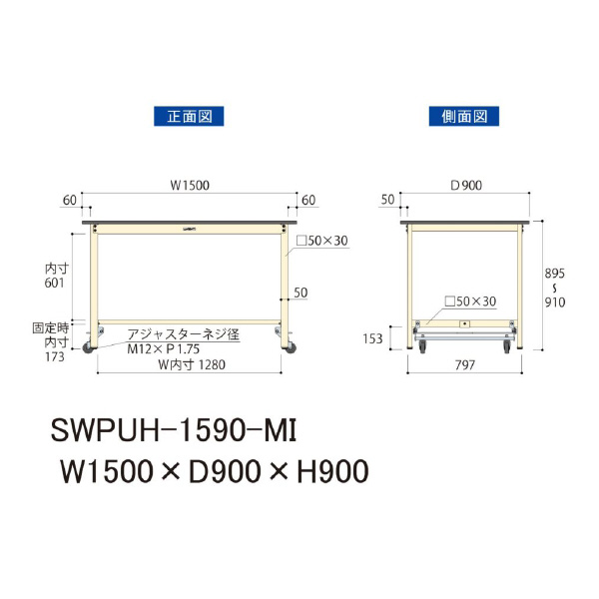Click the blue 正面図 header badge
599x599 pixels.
coord(188,116)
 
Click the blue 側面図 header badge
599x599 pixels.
coord(464,116)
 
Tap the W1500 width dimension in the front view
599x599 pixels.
coord(189,186)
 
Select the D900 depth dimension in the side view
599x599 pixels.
coord(466,186)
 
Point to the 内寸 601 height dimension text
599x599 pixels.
coord(54,276)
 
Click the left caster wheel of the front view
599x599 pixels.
coord(88,347)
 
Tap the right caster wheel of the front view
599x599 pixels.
coord(293,347)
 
